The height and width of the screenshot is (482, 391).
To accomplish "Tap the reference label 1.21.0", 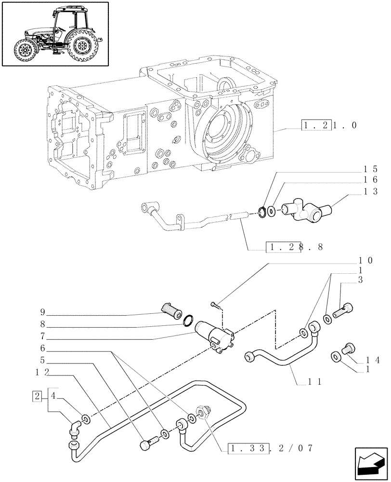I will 329,126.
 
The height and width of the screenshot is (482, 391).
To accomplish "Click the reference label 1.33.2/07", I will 271,448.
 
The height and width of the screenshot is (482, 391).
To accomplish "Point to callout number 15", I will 370,170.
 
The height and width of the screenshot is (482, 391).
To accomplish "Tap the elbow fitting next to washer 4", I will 75,428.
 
